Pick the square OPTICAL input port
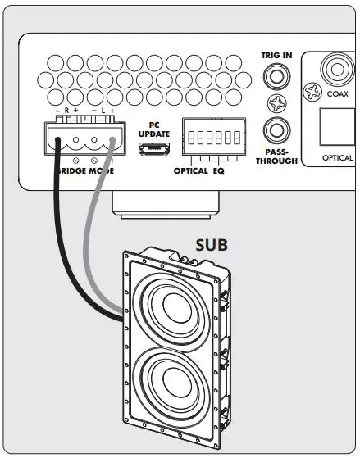(x=335, y=125)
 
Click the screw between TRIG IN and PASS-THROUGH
(x=275, y=105)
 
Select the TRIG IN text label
(x=276, y=55)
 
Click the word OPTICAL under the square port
(x=336, y=157)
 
